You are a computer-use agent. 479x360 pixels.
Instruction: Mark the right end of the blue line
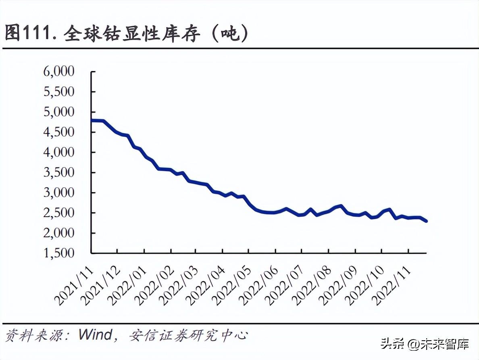pos(426,221)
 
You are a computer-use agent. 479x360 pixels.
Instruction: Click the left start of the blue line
pos(92,120)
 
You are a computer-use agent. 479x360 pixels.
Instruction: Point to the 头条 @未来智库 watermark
pos(425,344)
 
